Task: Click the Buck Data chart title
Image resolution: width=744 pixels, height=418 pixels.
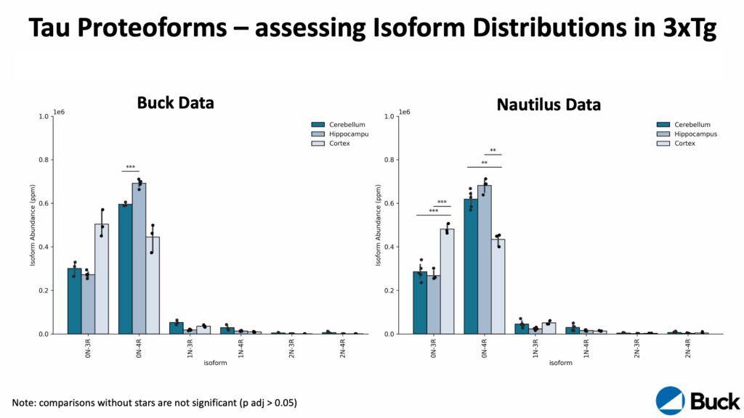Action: [x=175, y=102]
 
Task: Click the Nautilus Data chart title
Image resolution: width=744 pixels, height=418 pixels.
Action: [x=549, y=104]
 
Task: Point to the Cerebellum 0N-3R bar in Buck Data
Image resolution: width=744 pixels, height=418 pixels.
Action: [x=74, y=300]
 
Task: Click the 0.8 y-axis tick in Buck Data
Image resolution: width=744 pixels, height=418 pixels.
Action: [x=43, y=160]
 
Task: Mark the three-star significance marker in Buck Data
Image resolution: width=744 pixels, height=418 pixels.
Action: [x=131, y=168]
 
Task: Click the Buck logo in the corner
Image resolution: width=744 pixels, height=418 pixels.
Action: [x=697, y=400]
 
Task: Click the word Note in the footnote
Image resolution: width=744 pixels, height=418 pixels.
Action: [x=25, y=402]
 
